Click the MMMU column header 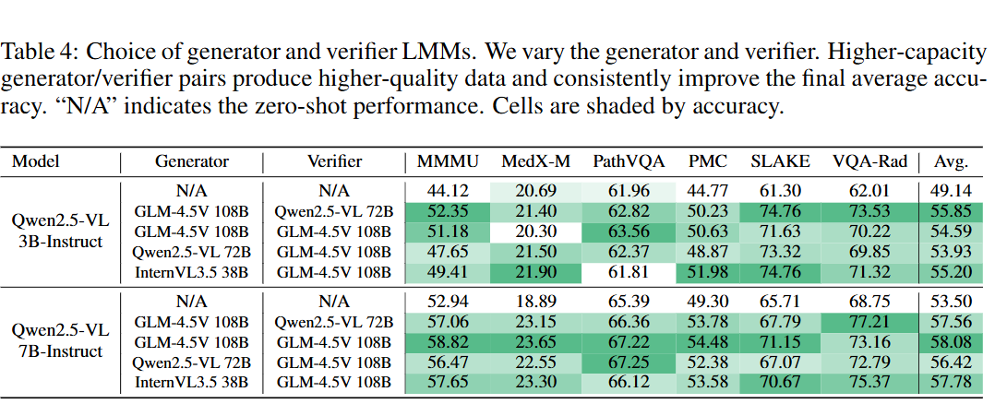448,162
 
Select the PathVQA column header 629,162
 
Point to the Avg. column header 951,162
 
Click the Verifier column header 334,162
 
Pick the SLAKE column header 781,162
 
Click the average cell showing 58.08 951,342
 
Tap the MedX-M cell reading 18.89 535,301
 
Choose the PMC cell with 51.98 708,271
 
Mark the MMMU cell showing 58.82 448,342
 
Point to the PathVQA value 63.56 629,231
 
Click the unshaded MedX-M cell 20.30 535,231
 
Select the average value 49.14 951,190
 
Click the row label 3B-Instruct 56,241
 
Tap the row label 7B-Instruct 56,351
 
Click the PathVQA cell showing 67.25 629,362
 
